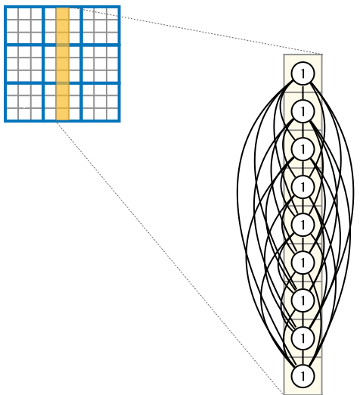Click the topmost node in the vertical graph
coord(303,73)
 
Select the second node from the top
coord(303,111)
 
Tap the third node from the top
coord(303,149)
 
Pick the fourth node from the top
coord(303,187)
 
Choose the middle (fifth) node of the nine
coord(303,225)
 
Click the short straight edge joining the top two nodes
coord(303,92)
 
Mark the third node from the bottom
coord(303,300)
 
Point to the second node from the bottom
coord(303,338)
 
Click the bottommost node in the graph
coord(303,376)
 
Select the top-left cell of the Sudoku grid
coord(12,14)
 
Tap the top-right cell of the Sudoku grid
coord(113,14)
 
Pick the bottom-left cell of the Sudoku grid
coord(12,114)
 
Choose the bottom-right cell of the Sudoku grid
coord(113,114)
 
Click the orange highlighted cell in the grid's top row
coord(63,14)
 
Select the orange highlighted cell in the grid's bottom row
coord(63,114)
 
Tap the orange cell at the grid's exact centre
coord(63,64)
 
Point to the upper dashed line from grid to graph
coord(196,31)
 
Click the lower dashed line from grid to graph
coord(169,258)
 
